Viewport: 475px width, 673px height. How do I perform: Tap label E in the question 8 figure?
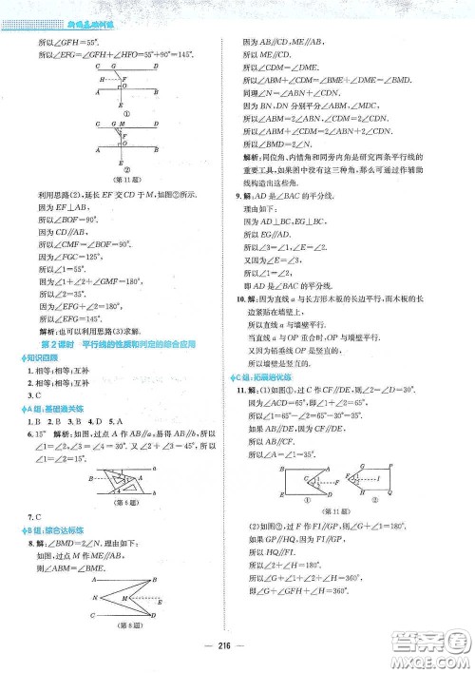[158, 603]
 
